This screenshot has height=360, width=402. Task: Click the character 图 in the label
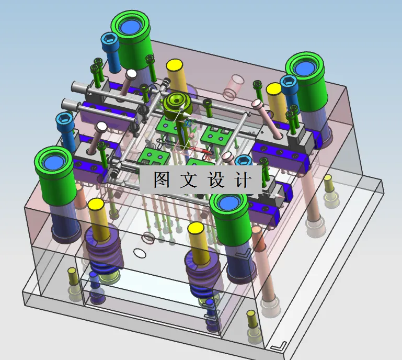pos(160,180)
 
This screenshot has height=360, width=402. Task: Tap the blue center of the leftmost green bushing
pos(55,163)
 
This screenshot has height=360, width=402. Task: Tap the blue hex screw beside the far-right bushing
pos(289,82)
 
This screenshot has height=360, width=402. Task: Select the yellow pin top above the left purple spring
pos(97,205)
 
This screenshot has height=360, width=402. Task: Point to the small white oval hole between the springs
pos(140,253)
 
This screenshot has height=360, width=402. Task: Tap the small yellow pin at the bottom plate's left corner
pos(73,273)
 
